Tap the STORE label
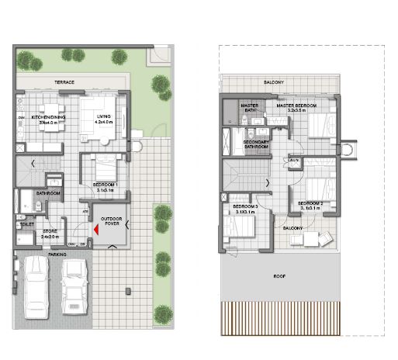(50, 231)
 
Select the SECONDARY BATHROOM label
(256, 144)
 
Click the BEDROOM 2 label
(310, 205)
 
